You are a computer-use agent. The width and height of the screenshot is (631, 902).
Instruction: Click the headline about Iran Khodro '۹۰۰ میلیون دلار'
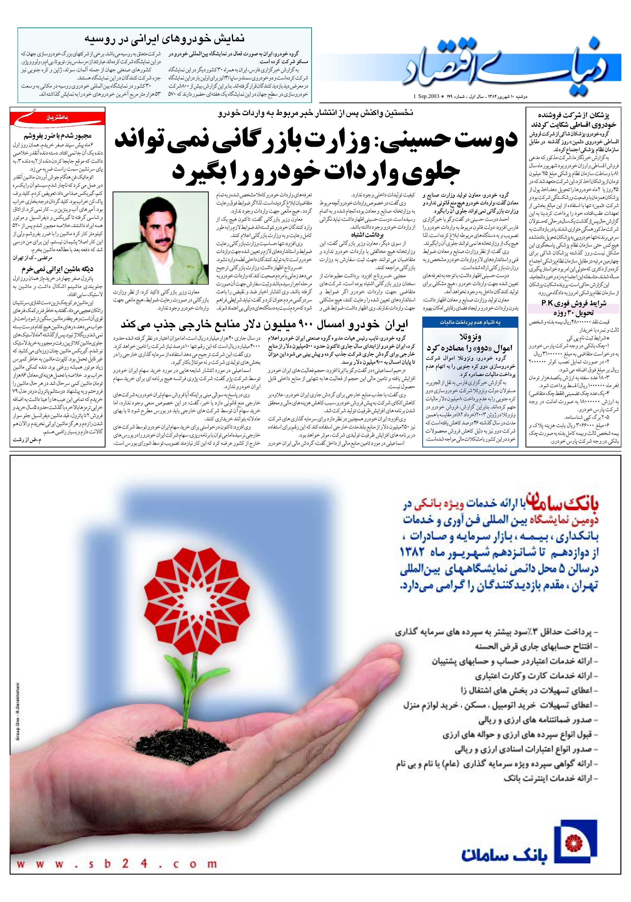[264, 324]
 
